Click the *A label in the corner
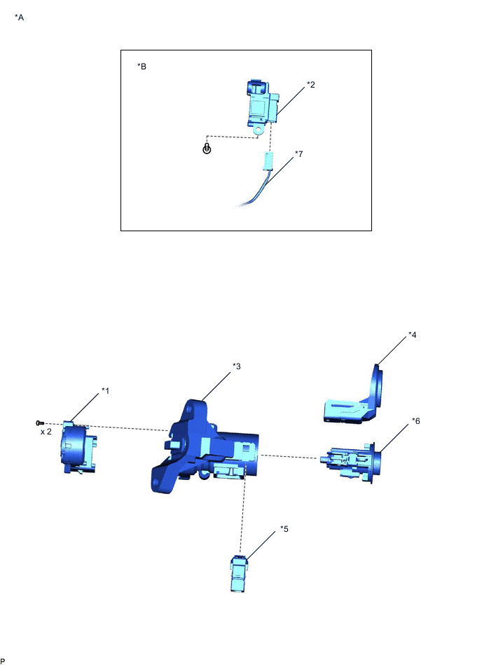19,17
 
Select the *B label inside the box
142,67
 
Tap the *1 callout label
106,390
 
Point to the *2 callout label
310,84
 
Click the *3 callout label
236,366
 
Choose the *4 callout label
413,336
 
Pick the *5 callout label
284,529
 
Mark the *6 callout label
415,421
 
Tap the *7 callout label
299,153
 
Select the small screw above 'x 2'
40,423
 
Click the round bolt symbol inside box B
207,149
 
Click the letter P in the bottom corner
4,660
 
